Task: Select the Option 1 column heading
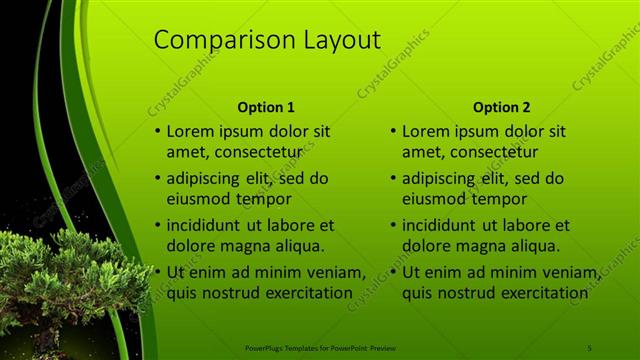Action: (266, 107)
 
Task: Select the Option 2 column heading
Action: (502, 107)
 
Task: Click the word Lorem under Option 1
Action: (190, 131)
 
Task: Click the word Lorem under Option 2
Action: (426, 131)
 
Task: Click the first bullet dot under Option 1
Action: (157, 132)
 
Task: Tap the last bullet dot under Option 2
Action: (393, 273)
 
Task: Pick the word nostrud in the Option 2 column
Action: (472, 293)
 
